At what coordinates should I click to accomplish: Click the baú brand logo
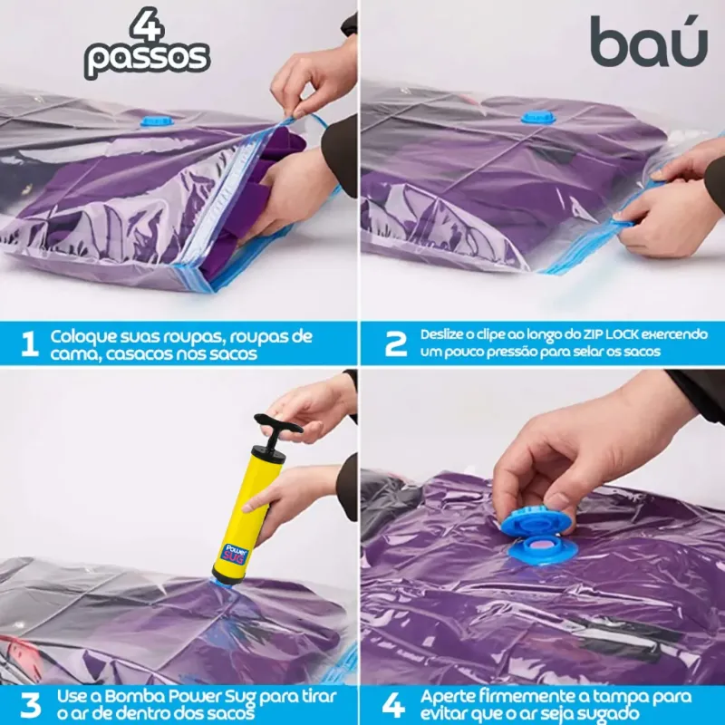point(648,41)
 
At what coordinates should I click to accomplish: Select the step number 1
point(30,345)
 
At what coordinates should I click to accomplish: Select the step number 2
point(396,344)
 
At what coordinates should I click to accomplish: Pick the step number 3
point(31,706)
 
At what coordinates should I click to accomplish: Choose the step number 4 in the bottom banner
point(393,706)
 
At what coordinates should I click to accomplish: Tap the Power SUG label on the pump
point(237,553)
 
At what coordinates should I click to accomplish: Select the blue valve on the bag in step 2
point(538,117)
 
